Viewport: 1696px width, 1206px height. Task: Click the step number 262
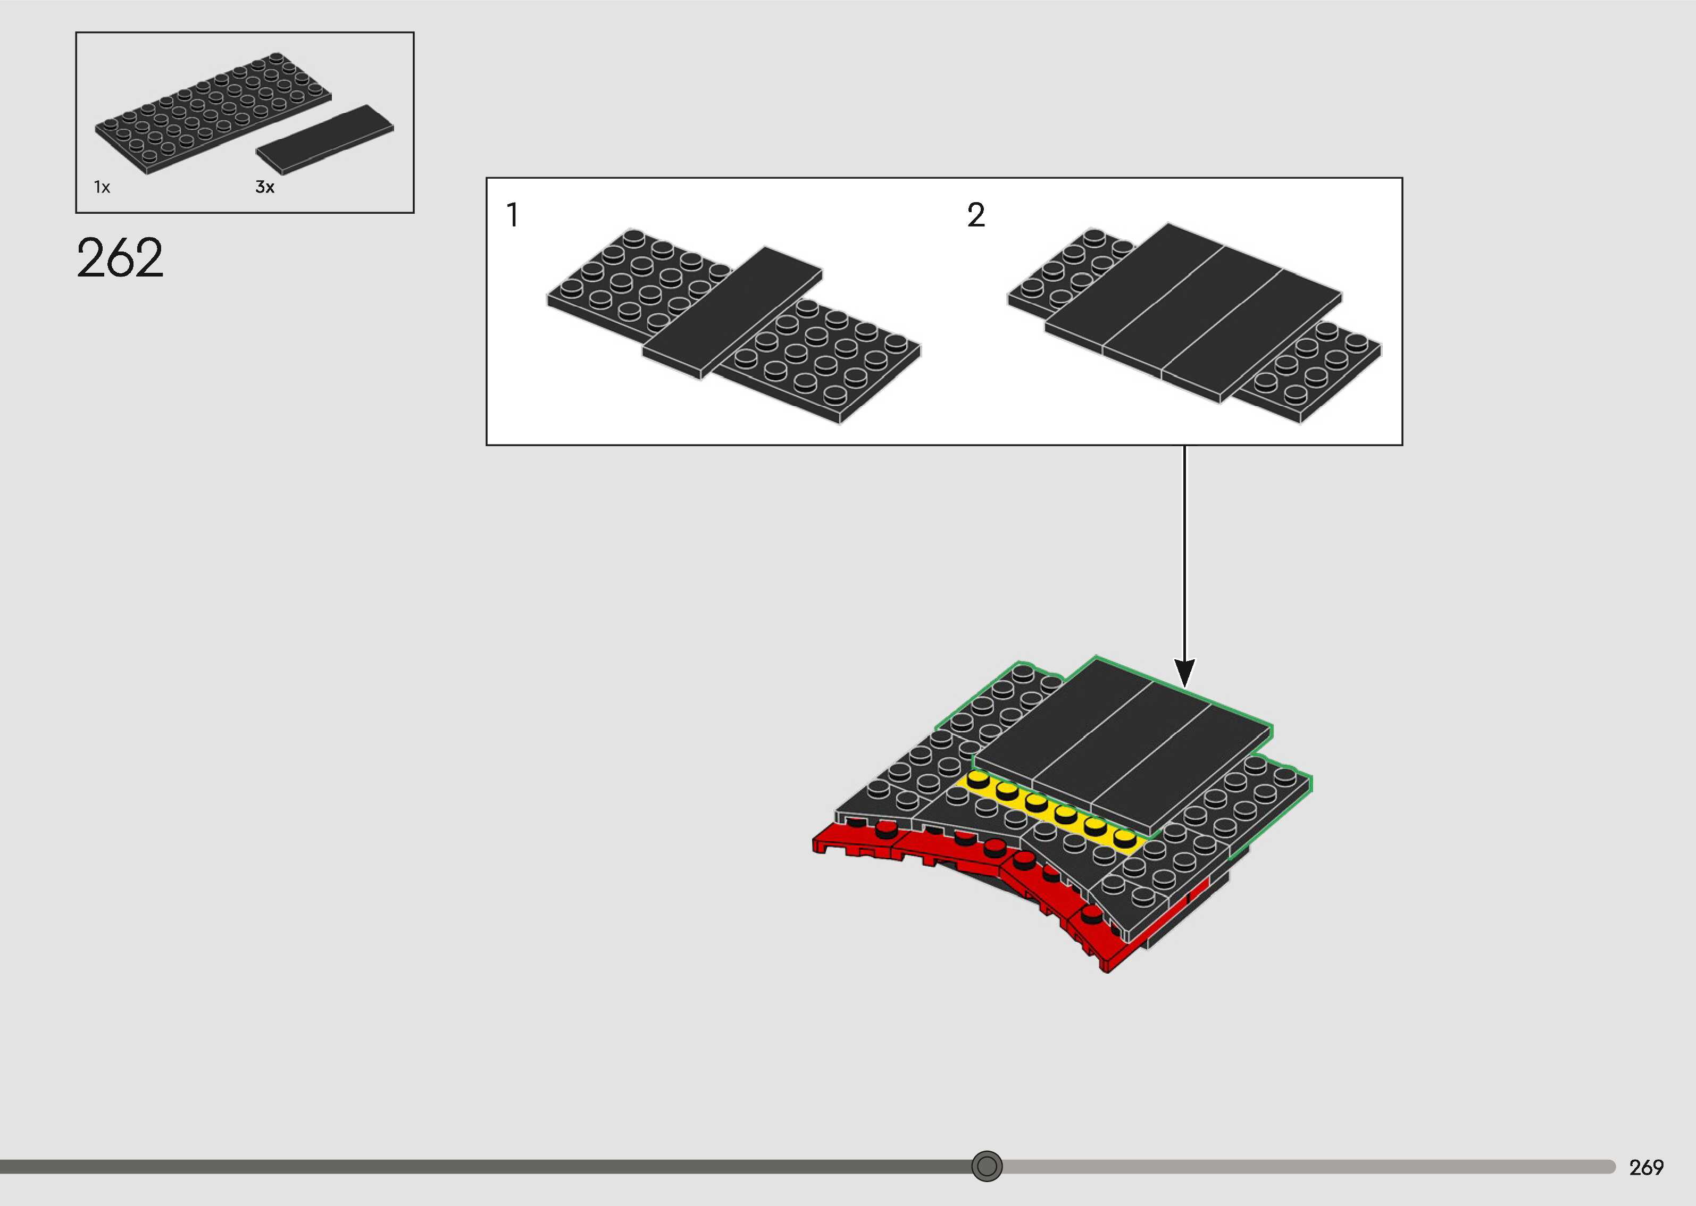pos(120,258)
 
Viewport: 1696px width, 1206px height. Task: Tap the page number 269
pos(1645,1167)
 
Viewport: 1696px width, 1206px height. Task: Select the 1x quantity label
pos(102,187)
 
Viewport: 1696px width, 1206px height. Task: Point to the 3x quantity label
pos(264,187)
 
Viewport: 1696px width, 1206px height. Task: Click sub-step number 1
pos(512,215)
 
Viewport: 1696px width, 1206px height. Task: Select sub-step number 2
pos(976,215)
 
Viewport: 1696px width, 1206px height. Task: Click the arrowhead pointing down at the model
pos(1184,672)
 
